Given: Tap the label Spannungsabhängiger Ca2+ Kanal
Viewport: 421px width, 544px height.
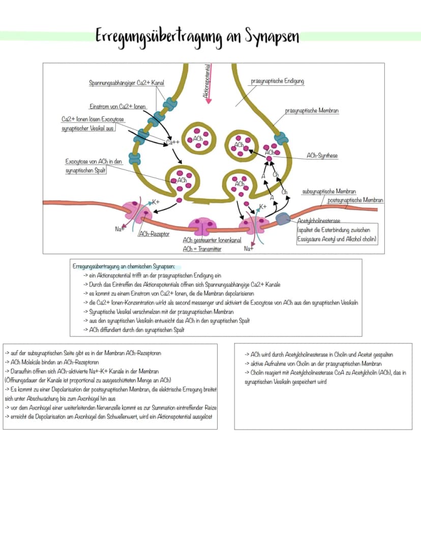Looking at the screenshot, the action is (x=127, y=83).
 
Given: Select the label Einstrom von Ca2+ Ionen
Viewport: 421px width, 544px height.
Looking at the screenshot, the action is (x=117, y=107).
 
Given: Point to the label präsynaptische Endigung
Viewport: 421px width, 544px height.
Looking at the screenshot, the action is (x=277, y=81).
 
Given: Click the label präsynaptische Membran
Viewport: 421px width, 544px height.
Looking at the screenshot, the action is (x=312, y=111).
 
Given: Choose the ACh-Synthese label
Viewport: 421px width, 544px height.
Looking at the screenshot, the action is (x=322, y=156).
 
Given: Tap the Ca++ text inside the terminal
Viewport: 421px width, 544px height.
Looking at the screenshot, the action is (x=173, y=142).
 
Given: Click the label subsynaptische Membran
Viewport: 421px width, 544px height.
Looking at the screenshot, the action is (x=329, y=191).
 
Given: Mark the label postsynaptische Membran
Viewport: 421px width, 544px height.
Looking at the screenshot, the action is (x=355, y=200).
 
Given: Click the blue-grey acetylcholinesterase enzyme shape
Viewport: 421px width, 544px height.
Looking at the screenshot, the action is (x=283, y=218).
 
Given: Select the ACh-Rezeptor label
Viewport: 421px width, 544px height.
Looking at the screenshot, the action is (x=154, y=234).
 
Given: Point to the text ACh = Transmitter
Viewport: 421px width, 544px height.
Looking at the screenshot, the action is (x=202, y=249).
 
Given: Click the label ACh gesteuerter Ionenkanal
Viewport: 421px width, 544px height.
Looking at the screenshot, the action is (x=212, y=240).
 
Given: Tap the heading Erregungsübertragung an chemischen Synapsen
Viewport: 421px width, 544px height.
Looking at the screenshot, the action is (x=124, y=267).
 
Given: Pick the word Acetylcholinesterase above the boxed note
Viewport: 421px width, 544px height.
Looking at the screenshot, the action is (x=319, y=220).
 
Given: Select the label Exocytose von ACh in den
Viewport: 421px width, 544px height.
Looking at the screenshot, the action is (x=94, y=162).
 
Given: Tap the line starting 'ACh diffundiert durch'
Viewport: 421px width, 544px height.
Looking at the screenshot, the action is (x=134, y=330).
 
